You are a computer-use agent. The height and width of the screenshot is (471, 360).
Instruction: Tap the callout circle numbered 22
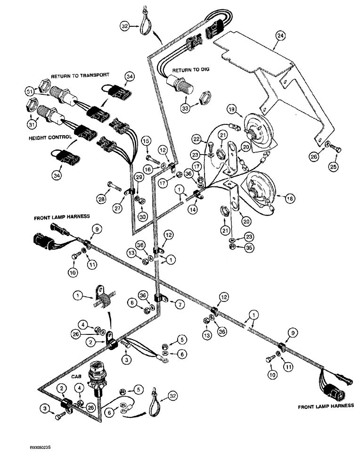(196, 139)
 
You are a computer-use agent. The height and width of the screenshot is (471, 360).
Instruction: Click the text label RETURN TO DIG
(190, 70)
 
